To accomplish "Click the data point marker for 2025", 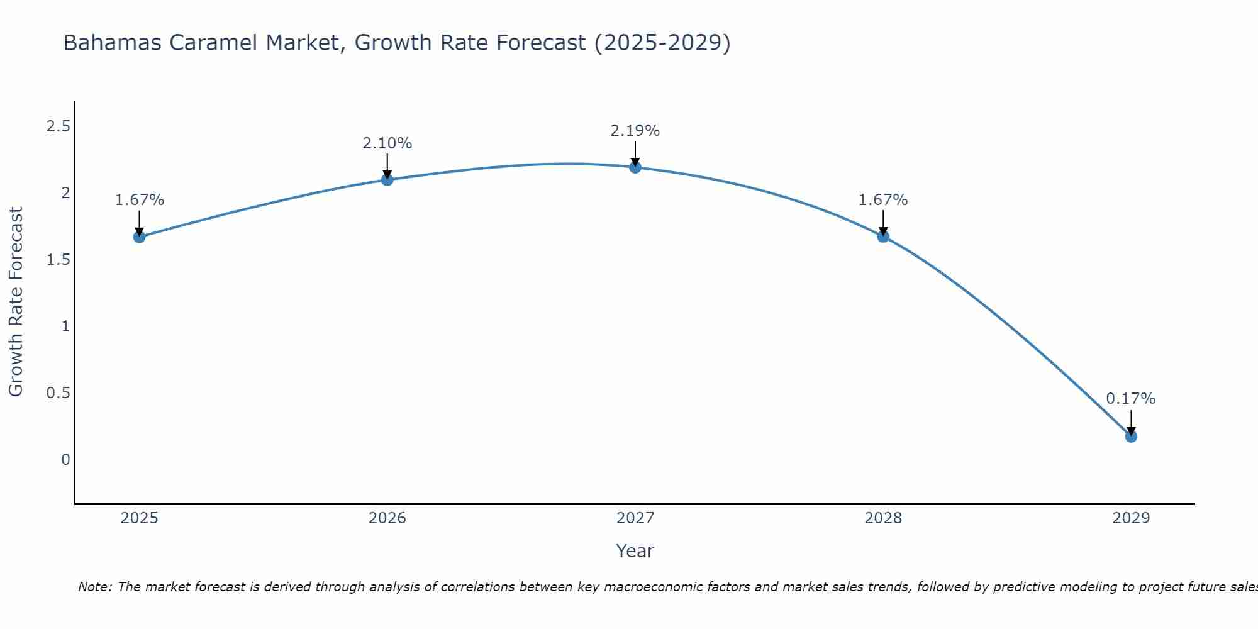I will click(x=139, y=237).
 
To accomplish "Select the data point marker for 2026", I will click(x=387, y=180).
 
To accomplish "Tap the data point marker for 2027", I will click(x=635, y=167).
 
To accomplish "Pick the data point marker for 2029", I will click(x=1131, y=437).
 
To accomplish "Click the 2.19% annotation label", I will click(x=635, y=131).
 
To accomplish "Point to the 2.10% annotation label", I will click(x=387, y=143).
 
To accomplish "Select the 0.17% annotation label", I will click(x=1131, y=399).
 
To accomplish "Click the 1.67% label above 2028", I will click(x=883, y=200).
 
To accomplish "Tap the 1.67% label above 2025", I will click(x=139, y=200).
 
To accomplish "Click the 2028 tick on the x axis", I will click(x=883, y=518).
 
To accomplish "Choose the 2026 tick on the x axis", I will click(x=387, y=518).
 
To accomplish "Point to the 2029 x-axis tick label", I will click(x=1131, y=518).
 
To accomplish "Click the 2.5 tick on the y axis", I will click(x=58, y=127).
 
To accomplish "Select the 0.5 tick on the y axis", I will click(x=58, y=393).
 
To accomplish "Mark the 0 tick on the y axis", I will click(x=65, y=460).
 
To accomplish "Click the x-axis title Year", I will click(x=635, y=551).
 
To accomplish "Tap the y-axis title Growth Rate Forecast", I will click(x=16, y=302).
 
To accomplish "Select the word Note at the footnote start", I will click(x=94, y=587).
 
